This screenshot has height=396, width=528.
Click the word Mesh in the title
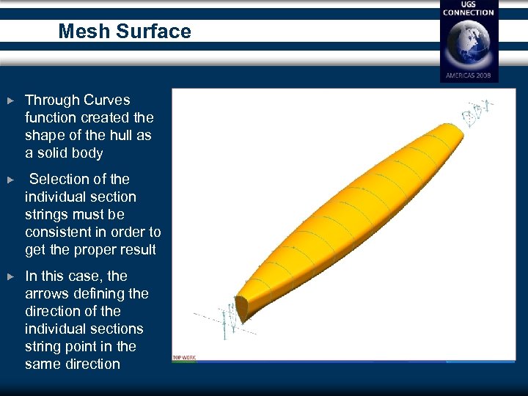click(x=79, y=32)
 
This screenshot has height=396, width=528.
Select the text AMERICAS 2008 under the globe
click(x=469, y=76)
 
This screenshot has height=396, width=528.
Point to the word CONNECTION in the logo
click(x=469, y=12)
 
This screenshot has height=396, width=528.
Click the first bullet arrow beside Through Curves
click(x=10, y=100)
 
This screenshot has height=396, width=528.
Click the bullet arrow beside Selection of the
click(x=10, y=179)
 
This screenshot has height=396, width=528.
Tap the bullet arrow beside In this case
click(x=10, y=276)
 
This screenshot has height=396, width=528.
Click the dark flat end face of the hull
click(x=243, y=309)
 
